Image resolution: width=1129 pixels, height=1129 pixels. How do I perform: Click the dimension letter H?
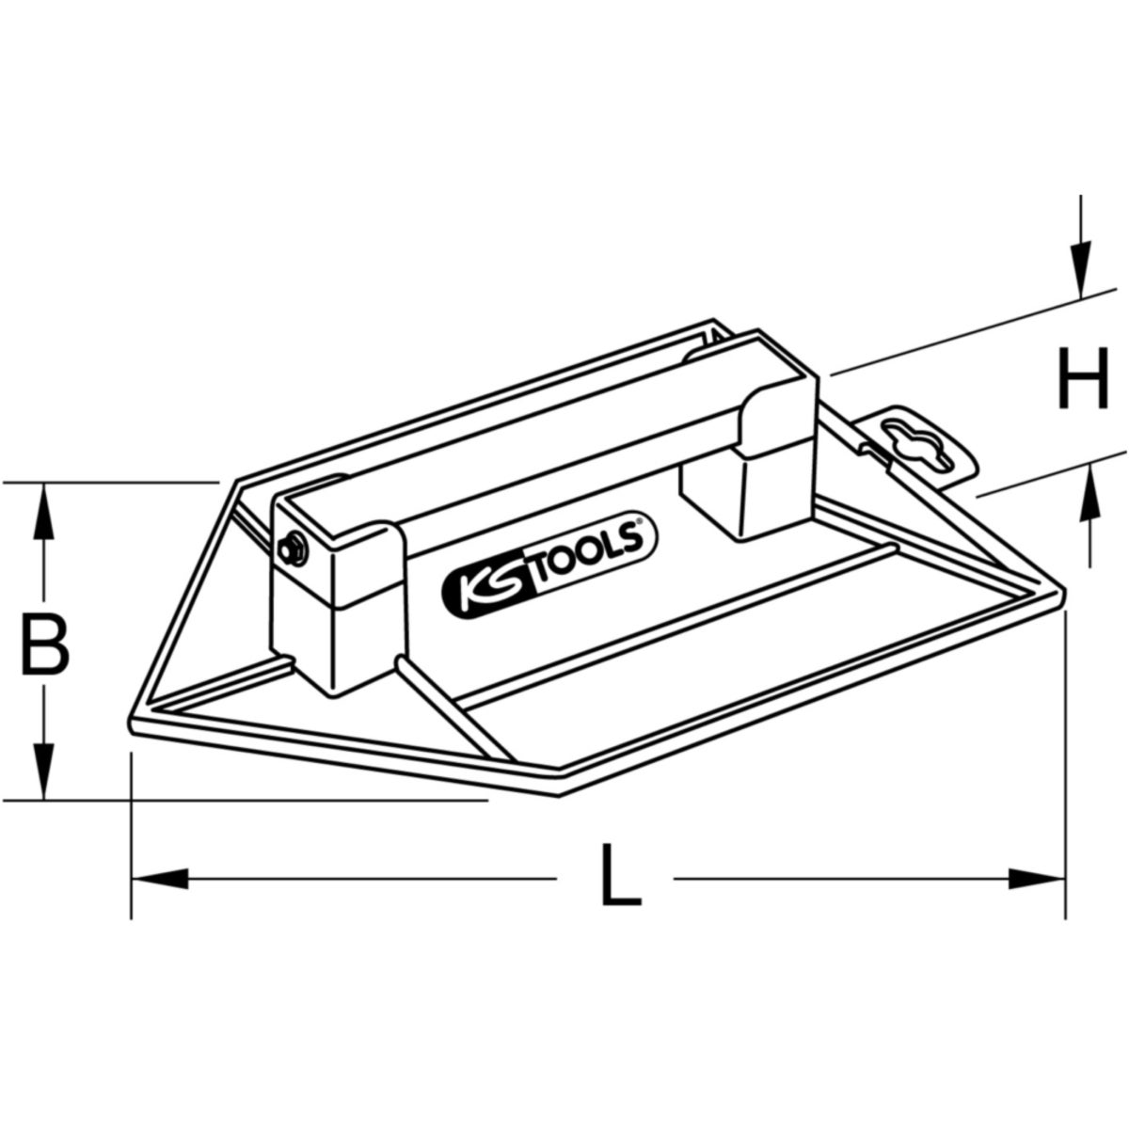(1083, 378)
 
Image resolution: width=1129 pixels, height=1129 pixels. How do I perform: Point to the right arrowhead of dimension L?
(1036, 896)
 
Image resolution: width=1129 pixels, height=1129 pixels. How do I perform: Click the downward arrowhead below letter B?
(42, 771)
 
